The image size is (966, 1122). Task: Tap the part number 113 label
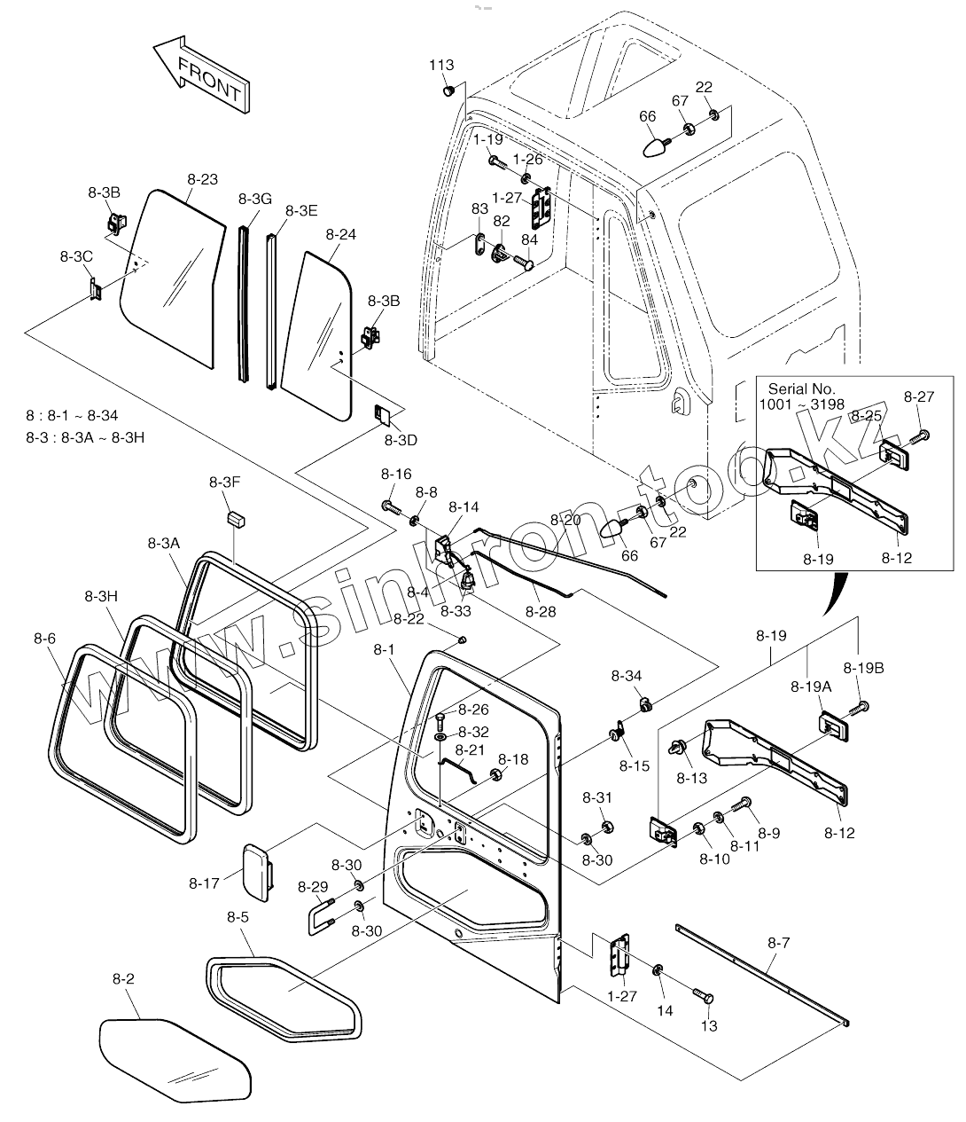coord(441,65)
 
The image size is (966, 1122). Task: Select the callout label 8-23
coord(202,178)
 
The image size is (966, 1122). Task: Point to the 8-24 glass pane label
coord(341,235)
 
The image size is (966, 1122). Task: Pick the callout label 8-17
coord(204,883)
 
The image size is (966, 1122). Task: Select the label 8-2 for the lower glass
coord(123,978)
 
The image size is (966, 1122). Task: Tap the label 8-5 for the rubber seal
coord(238,916)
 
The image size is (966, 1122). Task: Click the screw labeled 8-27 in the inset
coord(921,435)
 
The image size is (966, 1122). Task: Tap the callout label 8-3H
coord(102,596)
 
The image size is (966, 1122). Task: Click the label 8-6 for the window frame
coord(44,638)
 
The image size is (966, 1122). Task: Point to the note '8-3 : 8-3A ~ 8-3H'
coord(85,437)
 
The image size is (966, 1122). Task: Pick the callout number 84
coord(529,239)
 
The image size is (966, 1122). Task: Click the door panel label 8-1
coord(384,650)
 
